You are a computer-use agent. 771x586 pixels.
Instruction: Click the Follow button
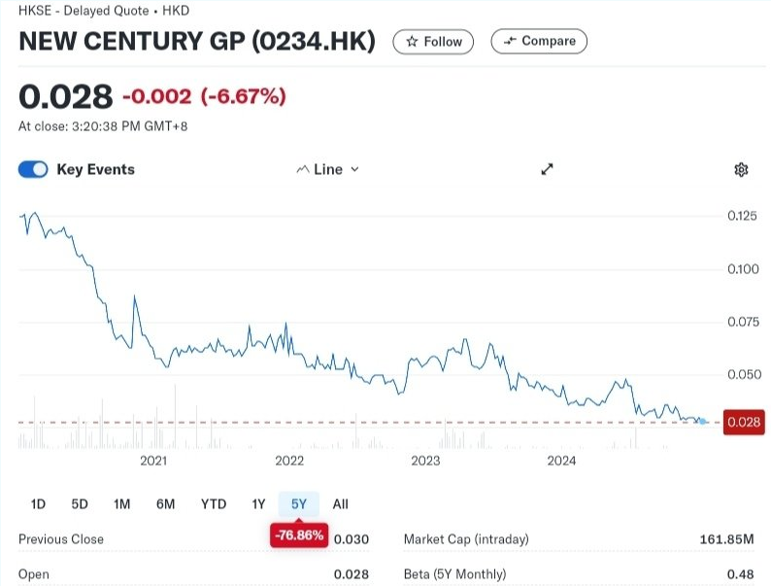[x=433, y=42]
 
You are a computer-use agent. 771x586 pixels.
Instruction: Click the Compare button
[x=539, y=41]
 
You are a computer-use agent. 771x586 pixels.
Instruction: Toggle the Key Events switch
[x=33, y=169]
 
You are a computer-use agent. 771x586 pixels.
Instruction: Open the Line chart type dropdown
[x=327, y=169]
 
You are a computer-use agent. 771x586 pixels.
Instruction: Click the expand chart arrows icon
[x=547, y=169]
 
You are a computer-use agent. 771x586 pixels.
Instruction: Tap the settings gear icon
[x=741, y=170]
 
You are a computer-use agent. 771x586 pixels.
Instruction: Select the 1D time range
[x=38, y=503]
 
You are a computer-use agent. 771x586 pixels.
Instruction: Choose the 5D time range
[x=80, y=503]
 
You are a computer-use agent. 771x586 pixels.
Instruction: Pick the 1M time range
[x=121, y=503]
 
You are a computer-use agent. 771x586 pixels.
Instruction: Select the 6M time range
[x=165, y=503]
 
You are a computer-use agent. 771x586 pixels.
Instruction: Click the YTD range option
[x=214, y=503]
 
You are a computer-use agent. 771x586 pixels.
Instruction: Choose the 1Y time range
[x=258, y=503]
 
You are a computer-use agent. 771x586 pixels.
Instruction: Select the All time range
[x=340, y=503]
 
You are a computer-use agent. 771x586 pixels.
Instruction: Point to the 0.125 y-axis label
[x=742, y=216]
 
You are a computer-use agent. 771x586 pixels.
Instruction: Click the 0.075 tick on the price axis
[x=742, y=322]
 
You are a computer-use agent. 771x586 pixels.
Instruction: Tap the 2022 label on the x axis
[x=289, y=460]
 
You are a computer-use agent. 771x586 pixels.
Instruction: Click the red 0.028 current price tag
[x=744, y=422]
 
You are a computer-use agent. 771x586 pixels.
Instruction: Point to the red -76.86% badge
[x=299, y=535]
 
